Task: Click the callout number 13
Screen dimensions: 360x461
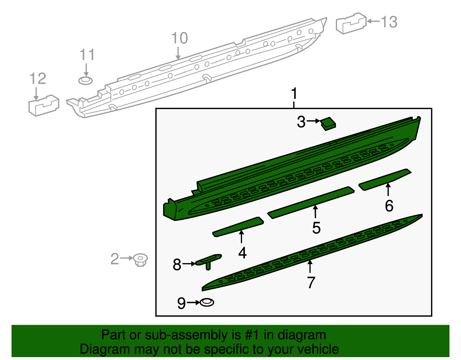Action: click(x=389, y=22)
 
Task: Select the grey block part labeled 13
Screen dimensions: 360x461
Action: click(x=351, y=23)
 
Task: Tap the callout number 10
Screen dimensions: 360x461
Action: click(x=180, y=38)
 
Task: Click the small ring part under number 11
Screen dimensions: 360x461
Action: click(x=85, y=81)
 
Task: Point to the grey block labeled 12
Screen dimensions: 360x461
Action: click(x=44, y=105)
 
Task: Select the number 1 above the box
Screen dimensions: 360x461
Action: click(x=294, y=94)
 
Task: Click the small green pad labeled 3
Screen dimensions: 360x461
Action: click(x=328, y=123)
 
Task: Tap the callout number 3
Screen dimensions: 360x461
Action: click(x=301, y=122)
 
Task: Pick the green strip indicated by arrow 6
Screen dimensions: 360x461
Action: click(x=385, y=180)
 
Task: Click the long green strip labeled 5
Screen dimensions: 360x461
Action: click(x=311, y=203)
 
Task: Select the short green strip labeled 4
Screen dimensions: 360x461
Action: click(x=238, y=227)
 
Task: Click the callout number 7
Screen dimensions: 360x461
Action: click(x=311, y=282)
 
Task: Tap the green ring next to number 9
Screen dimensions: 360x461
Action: click(x=207, y=303)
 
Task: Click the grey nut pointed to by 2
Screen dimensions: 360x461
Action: click(x=141, y=260)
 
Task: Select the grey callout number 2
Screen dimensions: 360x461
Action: click(x=115, y=259)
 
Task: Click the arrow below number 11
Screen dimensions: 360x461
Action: click(x=86, y=70)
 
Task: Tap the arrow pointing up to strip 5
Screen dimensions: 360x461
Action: click(x=315, y=212)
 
